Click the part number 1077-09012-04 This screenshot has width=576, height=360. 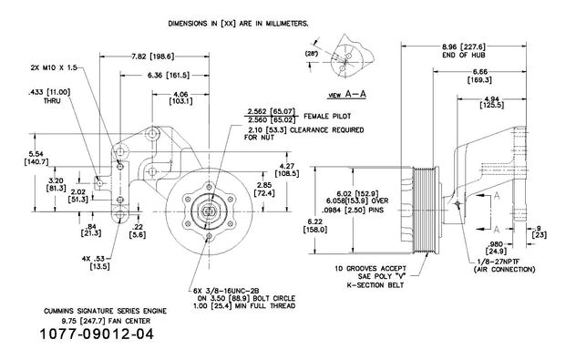tap(97, 334)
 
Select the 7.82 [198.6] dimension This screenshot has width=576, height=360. tap(153, 57)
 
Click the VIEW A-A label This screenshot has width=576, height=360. tap(346, 95)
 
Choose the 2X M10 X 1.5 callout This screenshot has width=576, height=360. tap(54, 67)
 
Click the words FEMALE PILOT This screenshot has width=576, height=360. tap(327, 117)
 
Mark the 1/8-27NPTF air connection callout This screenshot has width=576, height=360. tap(504, 265)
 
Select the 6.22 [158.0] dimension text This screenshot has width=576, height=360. tap(314, 225)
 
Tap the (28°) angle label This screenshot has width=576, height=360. tap(311, 54)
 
